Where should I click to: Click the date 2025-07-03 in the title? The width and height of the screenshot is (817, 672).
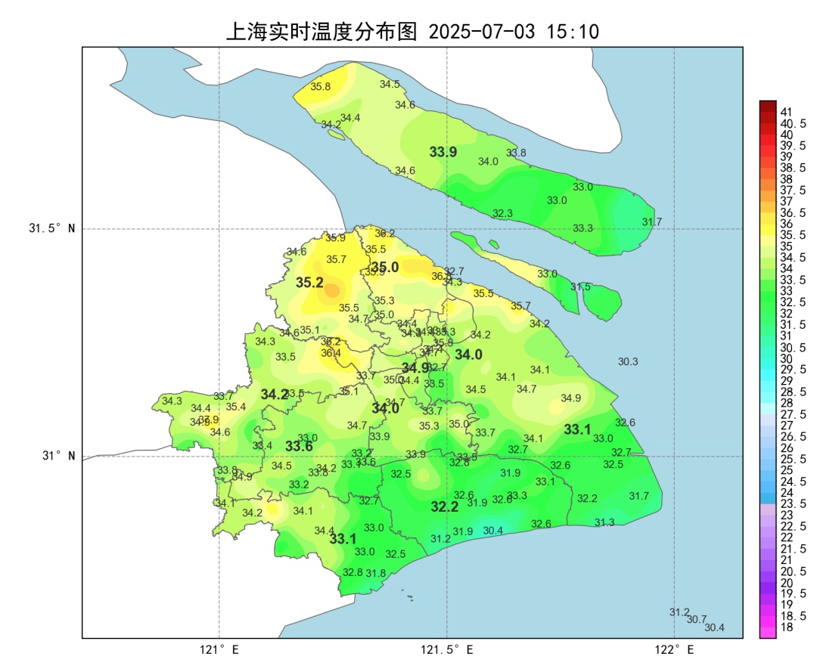pos(481,32)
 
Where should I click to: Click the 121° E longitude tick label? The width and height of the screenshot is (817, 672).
pos(219,649)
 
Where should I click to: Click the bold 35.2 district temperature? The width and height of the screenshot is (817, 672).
pos(309,283)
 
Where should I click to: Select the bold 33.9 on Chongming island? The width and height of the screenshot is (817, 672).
pos(443,152)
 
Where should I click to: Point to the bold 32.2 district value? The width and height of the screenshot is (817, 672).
pos(445,506)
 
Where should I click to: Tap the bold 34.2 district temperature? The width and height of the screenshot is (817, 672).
pos(275,394)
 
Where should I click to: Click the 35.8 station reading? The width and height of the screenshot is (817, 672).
pos(321,87)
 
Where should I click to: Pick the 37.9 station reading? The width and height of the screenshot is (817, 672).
pos(209,420)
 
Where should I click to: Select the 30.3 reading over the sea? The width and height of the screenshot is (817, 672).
pos(628,362)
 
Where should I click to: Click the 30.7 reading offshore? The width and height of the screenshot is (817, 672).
pos(697,619)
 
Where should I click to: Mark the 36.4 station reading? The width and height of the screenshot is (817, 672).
pos(331,353)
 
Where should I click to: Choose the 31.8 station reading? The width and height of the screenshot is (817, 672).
pos(376,573)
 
